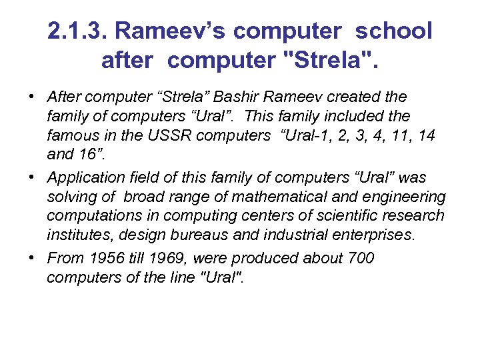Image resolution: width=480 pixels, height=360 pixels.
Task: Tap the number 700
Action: click(x=361, y=258)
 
